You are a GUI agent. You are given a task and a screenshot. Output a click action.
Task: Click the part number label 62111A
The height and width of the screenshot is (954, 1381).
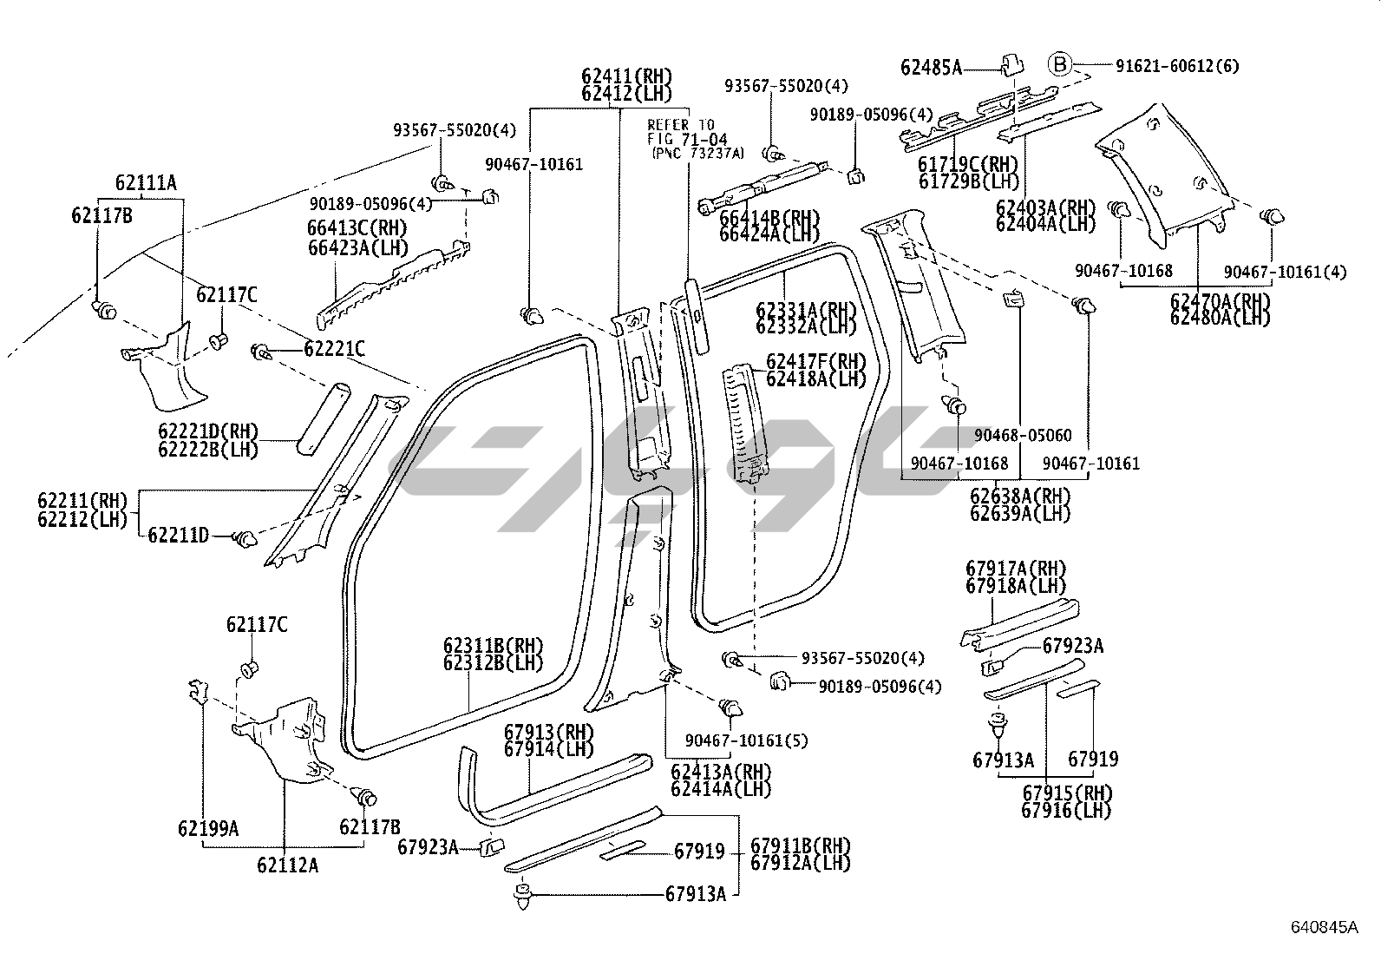[145, 182]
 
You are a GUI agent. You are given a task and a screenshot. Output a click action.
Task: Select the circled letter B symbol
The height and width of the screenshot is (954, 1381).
[1060, 64]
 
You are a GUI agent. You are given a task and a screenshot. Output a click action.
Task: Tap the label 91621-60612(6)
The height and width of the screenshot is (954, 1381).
[1177, 66]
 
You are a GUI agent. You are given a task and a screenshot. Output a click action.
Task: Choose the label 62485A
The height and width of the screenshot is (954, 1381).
[931, 67]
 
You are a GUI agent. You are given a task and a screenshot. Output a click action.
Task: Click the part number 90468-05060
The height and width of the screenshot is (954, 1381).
[1023, 435]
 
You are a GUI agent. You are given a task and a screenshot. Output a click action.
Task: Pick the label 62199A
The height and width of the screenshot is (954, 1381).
[208, 828]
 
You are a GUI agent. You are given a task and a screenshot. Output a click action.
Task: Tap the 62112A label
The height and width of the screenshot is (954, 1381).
[287, 865]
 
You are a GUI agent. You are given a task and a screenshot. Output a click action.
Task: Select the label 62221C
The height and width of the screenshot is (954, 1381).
[334, 349]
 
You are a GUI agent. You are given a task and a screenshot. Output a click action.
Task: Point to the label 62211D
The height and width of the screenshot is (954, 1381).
[178, 536]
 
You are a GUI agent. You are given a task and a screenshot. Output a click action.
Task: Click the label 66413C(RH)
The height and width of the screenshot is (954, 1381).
[357, 227]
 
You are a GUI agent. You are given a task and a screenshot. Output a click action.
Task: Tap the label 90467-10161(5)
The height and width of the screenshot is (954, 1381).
[746, 740]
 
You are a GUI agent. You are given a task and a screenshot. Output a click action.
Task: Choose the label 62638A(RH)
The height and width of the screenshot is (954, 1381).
[1020, 496]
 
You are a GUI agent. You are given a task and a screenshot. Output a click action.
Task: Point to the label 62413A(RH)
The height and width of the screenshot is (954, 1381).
[721, 772]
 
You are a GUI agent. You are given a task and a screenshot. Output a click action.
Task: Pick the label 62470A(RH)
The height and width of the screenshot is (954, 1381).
[1220, 300]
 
